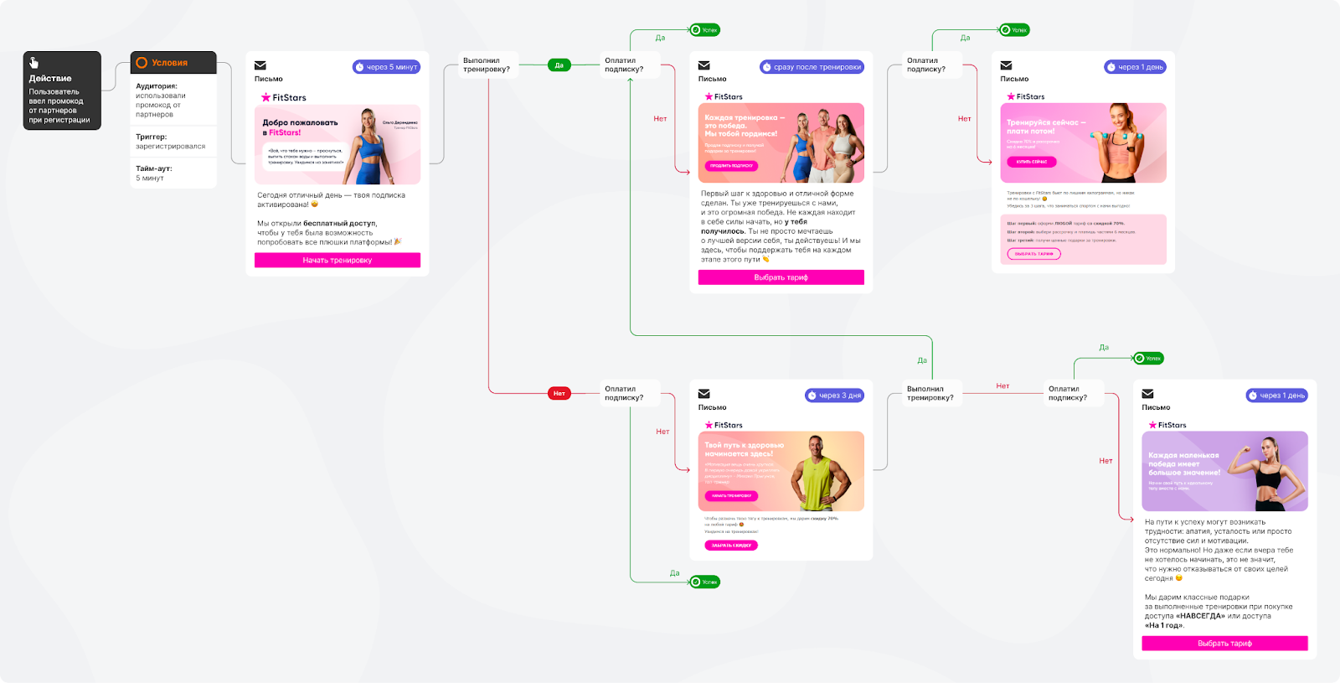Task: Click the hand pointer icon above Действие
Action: tap(33, 63)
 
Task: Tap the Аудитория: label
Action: tap(157, 86)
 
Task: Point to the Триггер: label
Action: tap(152, 137)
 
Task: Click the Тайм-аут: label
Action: tap(154, 168)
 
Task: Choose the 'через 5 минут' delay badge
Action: tap(386, 67)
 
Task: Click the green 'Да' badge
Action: tap(559, 65)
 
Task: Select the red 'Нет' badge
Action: tap(559, 393)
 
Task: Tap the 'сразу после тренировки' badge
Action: tap(812, 67)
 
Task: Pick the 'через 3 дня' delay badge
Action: tap(834, 396)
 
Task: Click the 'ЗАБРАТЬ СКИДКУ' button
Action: tap(731, 546)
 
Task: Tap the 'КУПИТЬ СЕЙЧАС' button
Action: tap(1031, 162)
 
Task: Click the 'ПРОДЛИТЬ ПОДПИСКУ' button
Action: tap(731, 166)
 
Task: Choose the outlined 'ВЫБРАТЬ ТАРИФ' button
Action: tap(1033, 254)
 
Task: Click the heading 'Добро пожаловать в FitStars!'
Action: tap(300, 127)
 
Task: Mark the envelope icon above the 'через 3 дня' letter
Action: tap(704, 394)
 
